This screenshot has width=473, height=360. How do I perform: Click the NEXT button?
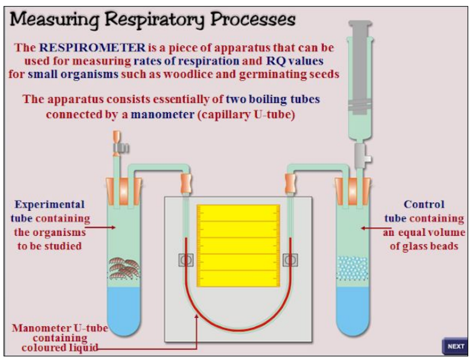point(455,346)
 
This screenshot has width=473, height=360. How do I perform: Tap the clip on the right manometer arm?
point(290,260)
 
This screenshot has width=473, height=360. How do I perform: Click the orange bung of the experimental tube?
point(124,190)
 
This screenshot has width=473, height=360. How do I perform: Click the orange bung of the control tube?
point(352,190)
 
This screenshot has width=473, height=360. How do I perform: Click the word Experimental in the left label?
point(49,204)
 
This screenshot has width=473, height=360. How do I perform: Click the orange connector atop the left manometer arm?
point(186,183)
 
